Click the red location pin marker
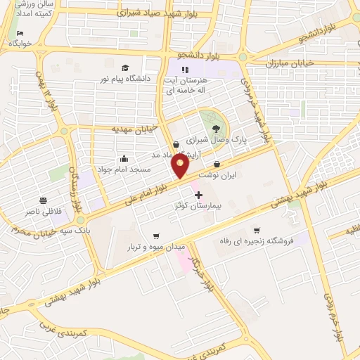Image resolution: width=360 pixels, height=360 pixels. click(180, 166)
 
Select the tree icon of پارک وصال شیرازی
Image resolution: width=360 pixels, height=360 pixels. click(214, 127)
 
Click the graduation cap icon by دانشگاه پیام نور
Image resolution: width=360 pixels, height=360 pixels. click(124, 68)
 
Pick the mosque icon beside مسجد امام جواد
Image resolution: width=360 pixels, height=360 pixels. click(124, 157)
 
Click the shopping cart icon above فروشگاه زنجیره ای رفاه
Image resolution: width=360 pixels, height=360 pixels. click(257, 230)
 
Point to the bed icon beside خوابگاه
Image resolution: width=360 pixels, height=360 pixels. click(19, 33)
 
